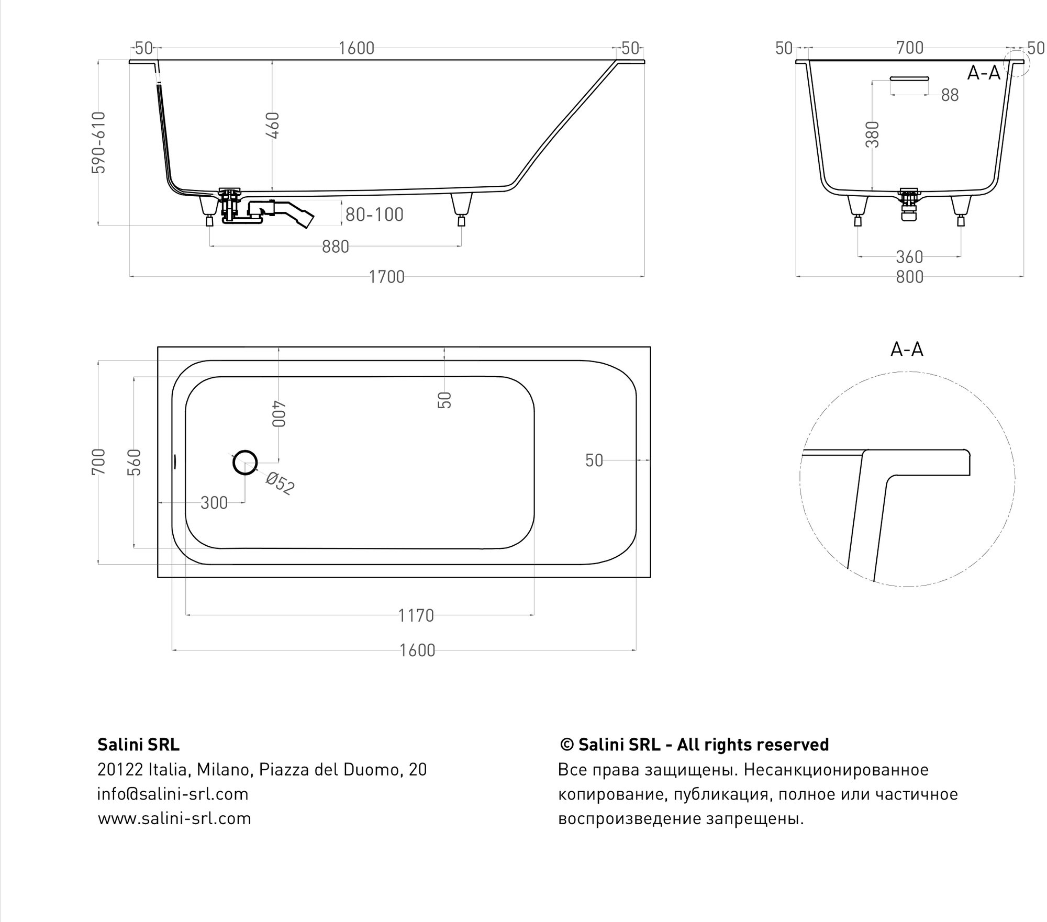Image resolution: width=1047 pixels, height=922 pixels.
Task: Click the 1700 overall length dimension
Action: click(386, 277)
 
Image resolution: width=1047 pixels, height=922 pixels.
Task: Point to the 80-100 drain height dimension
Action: click(374, 215)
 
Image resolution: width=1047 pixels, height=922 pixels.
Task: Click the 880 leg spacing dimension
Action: click(335, 246)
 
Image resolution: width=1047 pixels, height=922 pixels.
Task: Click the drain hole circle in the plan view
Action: click(244, 463)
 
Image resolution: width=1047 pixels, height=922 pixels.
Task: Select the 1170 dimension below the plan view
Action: click(416, 615)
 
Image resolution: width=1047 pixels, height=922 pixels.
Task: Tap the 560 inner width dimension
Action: click(135, 462)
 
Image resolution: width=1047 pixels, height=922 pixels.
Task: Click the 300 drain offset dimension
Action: click(214, 503)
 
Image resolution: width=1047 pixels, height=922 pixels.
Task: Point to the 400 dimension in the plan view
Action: click(279, 414)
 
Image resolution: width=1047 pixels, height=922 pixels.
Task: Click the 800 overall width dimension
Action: click(909, 277)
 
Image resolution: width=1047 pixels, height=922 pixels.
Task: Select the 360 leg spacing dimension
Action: click(909, 257)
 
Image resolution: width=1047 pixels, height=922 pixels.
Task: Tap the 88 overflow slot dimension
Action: click(950, 95)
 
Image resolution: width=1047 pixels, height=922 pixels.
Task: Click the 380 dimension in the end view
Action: click(872, 134)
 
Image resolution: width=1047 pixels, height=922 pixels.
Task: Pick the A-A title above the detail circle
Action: click(907, 350)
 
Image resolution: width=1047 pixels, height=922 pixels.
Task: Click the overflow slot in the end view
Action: click(909, 78)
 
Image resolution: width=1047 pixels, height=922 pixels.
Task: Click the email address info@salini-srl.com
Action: click(173, 794)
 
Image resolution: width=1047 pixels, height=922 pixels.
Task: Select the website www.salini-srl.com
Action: click(174, 818)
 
